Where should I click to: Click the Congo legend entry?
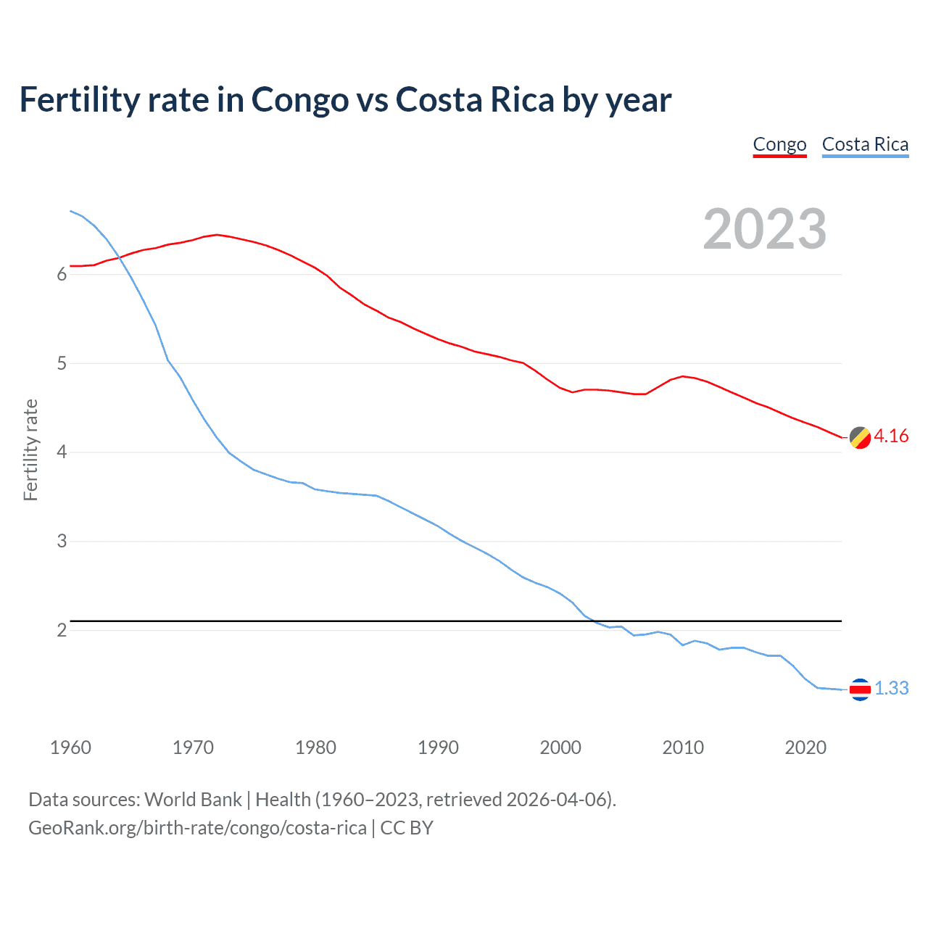[x=779, y=144]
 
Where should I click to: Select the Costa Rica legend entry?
[x=865, y=144]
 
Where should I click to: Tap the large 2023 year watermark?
[x=765, y=229]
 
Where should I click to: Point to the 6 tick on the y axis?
[x=62, y=274]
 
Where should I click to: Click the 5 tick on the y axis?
[x=62, y=363]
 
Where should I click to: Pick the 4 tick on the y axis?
[x=62, y=452]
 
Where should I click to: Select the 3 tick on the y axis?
[x=62, y=542]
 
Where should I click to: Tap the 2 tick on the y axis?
[x=62, y=630]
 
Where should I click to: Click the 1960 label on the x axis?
[x=70, y=747]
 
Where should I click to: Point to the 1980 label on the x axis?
[x=315, y=747]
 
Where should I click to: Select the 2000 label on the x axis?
[x=560, y=747]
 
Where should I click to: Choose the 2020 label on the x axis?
[x=805, y=747]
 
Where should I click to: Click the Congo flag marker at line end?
[x=860, y=438]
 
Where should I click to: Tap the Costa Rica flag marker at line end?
[x=860, y=689]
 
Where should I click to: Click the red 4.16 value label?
[x=891, y=436]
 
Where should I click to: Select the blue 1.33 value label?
[x=891, y=688]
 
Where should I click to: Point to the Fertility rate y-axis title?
[x=30, y=449]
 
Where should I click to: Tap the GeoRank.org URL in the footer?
[x=197, y=828]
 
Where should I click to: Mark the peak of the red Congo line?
[x=217, y=234]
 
